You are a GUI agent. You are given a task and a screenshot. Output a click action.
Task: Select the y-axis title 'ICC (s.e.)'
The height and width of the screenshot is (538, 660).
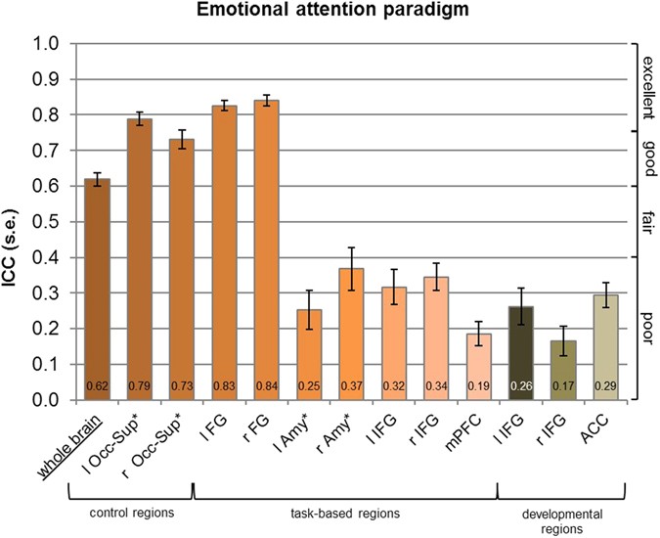pos(14,222)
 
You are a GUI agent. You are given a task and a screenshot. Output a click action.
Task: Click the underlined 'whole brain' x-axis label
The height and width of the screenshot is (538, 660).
pos(83,436)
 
